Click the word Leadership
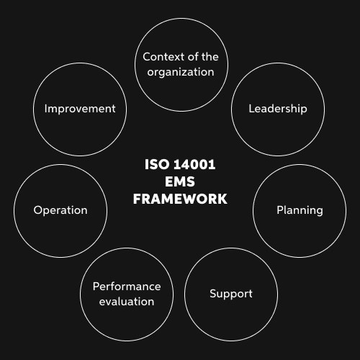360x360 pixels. [x=278, y=109]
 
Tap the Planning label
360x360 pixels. [x=300, y=210]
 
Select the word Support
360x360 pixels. [x=231, y=294]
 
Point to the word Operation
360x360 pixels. [x=60, y=210]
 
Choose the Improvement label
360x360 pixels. [x=80, y=109]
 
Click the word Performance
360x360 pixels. [x=127, y=287]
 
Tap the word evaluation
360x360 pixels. [x=127, y=302]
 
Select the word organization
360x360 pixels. [x=181, y=72]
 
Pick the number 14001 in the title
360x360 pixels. [x=194, y=165]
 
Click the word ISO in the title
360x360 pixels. [x=157, y=165]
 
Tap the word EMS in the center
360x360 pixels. [x=180, y=181]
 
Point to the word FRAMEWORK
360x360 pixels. [x=180, y=199]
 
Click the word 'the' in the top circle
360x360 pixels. [x=210, y=57]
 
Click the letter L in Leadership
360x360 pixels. [x=251, y=109]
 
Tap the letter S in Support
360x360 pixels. [x=213, y=293]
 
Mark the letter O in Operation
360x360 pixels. [x=38, y=210]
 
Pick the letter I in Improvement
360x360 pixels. [x=45, y=109]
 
